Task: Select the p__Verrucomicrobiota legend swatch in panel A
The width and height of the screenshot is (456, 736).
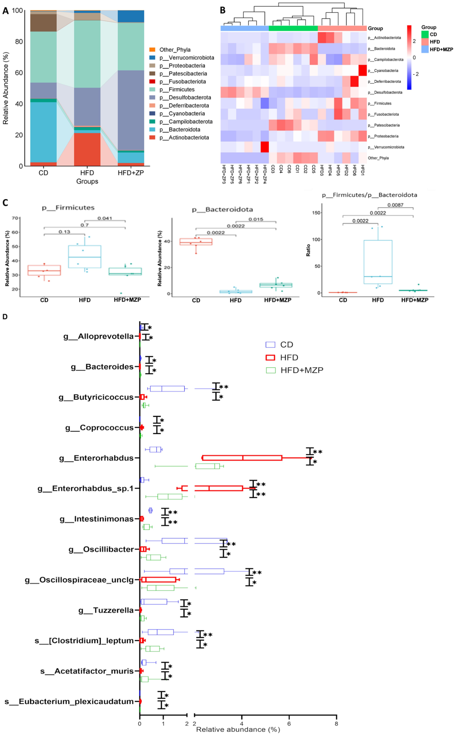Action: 152,58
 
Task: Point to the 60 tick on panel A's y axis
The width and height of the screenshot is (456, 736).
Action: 19,73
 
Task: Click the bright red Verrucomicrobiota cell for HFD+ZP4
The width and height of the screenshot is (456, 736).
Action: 265,147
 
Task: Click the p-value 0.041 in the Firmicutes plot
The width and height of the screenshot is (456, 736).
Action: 105,218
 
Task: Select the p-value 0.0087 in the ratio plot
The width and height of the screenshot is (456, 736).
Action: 395,205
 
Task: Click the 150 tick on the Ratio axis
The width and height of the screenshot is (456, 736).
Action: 316,213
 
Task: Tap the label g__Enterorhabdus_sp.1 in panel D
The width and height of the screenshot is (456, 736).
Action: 85,488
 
